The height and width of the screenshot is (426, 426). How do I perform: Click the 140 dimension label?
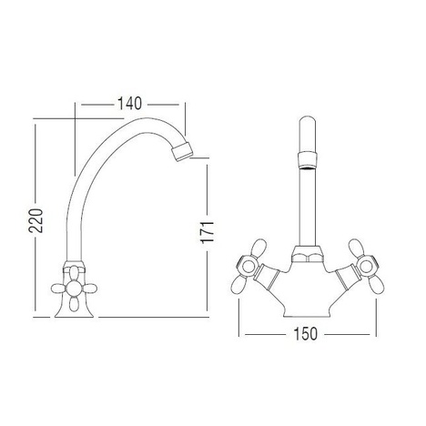pyautogui.click(x=131, y=103)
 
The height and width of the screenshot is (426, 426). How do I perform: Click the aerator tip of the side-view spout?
pyautogui.click(x=184, y=150)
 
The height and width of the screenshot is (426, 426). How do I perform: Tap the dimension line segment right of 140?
pyautogui.click(x=166, y=103)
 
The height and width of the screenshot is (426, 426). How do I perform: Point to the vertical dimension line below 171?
pyautogui.click(x=210, y=273)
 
